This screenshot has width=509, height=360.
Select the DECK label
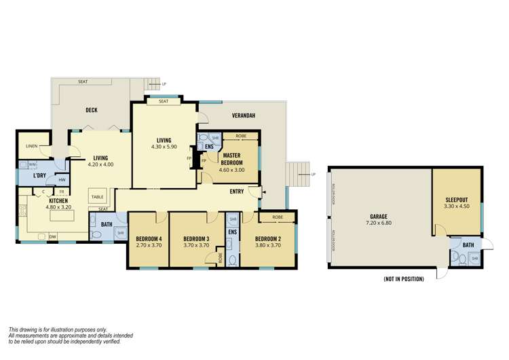[x=92, y=110]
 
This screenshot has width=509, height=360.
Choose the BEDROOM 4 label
[x=148, y=238]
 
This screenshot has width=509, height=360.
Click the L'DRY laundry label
[x=39, y=177]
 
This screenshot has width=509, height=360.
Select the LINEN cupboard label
[x=31, y=146]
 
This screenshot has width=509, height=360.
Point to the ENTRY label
[x=237, y=192]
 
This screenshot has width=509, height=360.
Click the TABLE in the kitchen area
[x=97, y=197]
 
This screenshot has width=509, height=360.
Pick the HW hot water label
[x=62, y=179]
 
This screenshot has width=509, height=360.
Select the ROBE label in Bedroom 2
[x=278, y=217]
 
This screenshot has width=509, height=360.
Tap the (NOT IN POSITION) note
[x=403, y=279]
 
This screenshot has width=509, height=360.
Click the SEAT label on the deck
[x=83, y=82]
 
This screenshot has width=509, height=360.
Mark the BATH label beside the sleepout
[x=468, y=245]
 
